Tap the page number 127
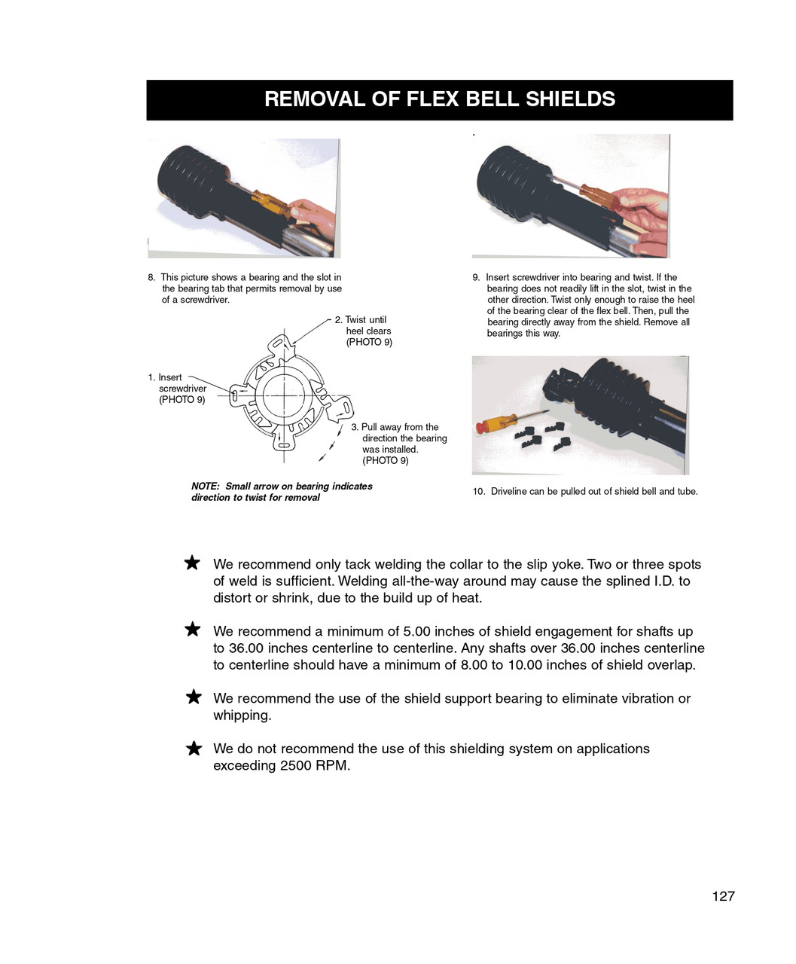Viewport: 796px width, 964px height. pyautogui.click(x=723, y=896)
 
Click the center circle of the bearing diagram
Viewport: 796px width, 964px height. pyautogui.click(x=283, y=395)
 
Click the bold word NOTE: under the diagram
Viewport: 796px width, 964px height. pyautogui.click(x=205, y=487)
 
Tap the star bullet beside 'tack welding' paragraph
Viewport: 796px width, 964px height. pyautogui.click(x=193, y=563)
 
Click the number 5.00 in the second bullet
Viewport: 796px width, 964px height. pyautogui.click(x=418, y=632)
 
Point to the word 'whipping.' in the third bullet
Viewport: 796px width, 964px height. pyautogui.click(x=242, y=715)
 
